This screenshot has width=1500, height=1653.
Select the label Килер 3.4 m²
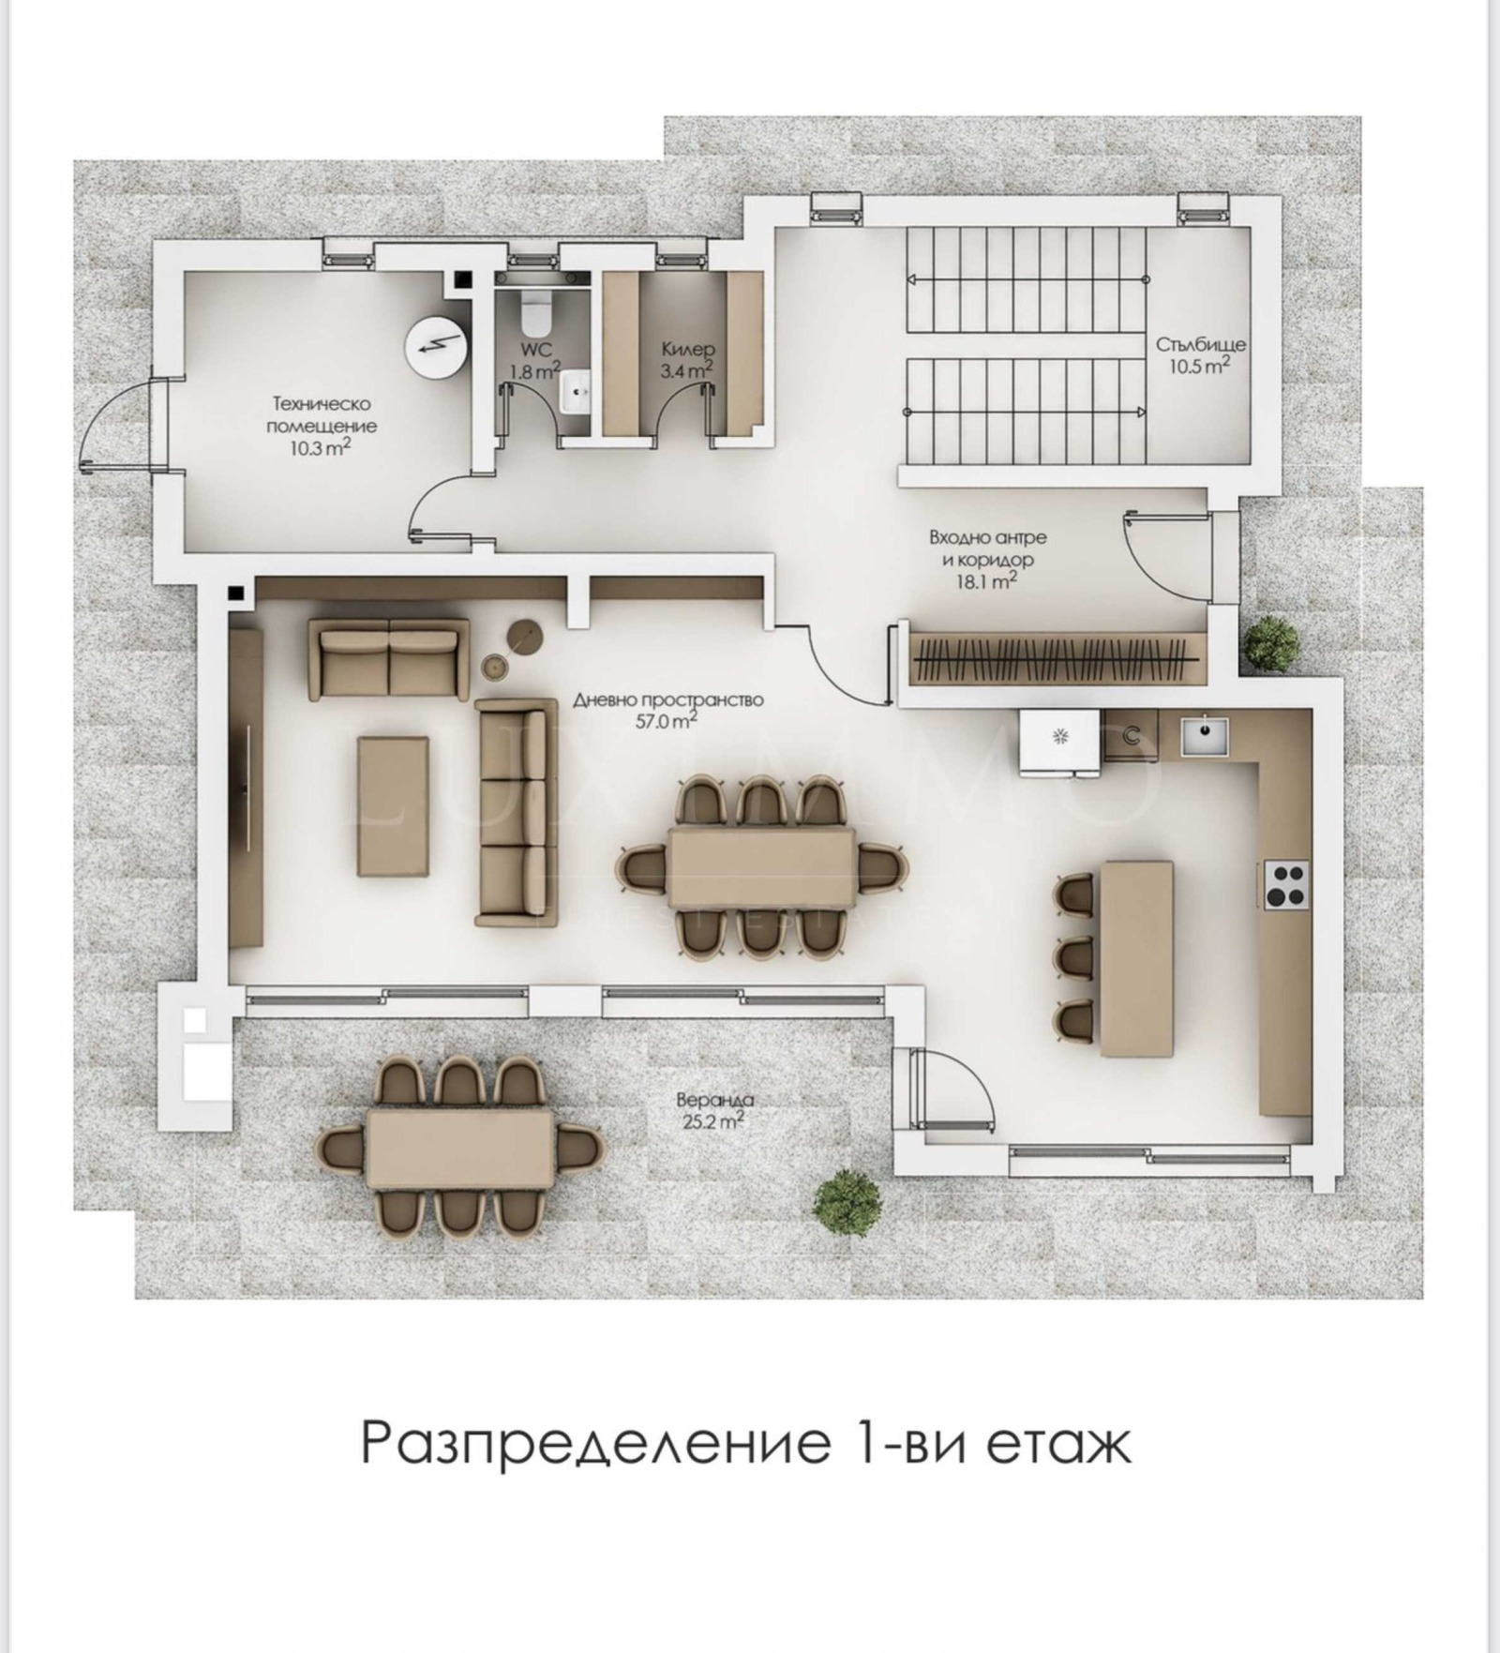(x=687, y=360)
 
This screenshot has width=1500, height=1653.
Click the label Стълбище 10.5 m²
(x=1200, y=354)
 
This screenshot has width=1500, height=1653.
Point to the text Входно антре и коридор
(x=988, y=549)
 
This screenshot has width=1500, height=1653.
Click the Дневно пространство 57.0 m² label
(x=667, y=710)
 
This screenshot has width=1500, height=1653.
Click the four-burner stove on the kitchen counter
(x=1284, y=884)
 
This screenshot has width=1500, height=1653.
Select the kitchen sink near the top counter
(x=1205, y=735)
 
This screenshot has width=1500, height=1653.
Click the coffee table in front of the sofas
(x=394, y=805)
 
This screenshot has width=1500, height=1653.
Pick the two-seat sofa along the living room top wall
(x=389, y=658)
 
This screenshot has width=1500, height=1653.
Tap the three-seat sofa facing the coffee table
(x=511, y=812)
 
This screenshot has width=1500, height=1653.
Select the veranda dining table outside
(x=459, y=1149)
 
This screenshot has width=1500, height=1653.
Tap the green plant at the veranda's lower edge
(x=847, y=1199)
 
